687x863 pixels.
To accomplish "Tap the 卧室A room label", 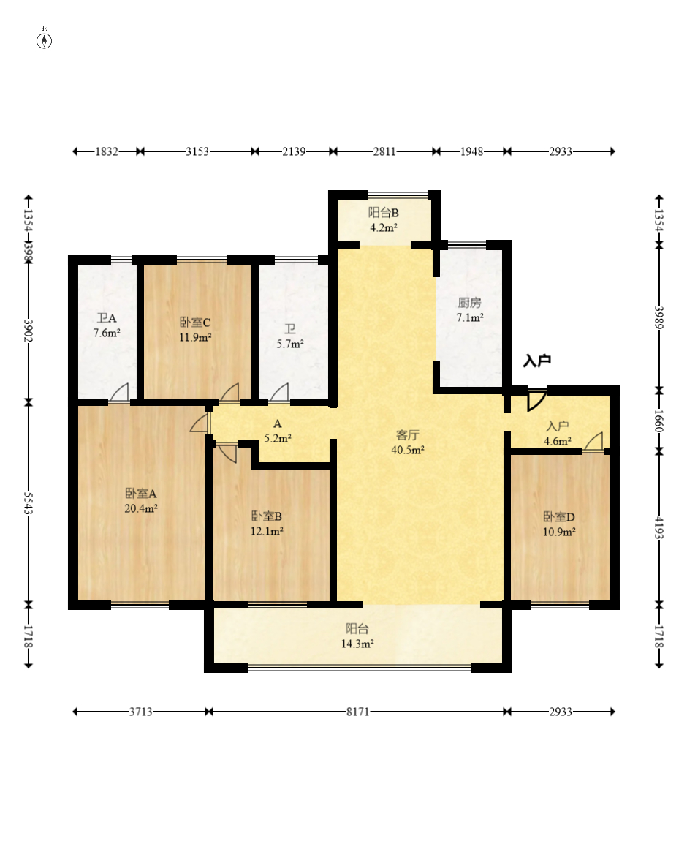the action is [x=141, y=493].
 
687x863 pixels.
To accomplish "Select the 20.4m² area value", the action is [x=141, y=508].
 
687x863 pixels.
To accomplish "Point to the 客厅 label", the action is [x=408, y=435].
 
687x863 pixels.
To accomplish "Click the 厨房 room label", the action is [x=470, y=303].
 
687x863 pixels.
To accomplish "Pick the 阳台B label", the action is [x=384, y=213].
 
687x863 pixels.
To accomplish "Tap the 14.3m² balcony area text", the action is [x=357, y=644].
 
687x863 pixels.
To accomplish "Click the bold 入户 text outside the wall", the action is [x=537, y=361].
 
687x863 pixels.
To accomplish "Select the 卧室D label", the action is [x=559, y=517].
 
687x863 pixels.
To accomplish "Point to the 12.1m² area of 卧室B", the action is [x=267, y=531].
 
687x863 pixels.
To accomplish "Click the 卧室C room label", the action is [x=195, y=323].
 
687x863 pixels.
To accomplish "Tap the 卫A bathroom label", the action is [x=107, y=318].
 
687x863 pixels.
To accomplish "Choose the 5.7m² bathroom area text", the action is [x=290, y=344].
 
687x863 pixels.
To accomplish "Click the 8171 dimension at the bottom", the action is [x=357, y=712].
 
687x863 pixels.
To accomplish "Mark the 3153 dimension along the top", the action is [x=197, y=151].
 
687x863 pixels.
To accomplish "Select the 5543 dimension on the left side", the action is [x=29, y=504].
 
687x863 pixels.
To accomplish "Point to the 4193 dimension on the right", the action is [x=659, y=528].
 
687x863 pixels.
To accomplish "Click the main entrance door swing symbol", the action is [x=536, y=401].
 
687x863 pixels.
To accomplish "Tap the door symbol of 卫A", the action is [x=119, y=392].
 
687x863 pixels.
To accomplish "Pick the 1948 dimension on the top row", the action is [x=471, y=151].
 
